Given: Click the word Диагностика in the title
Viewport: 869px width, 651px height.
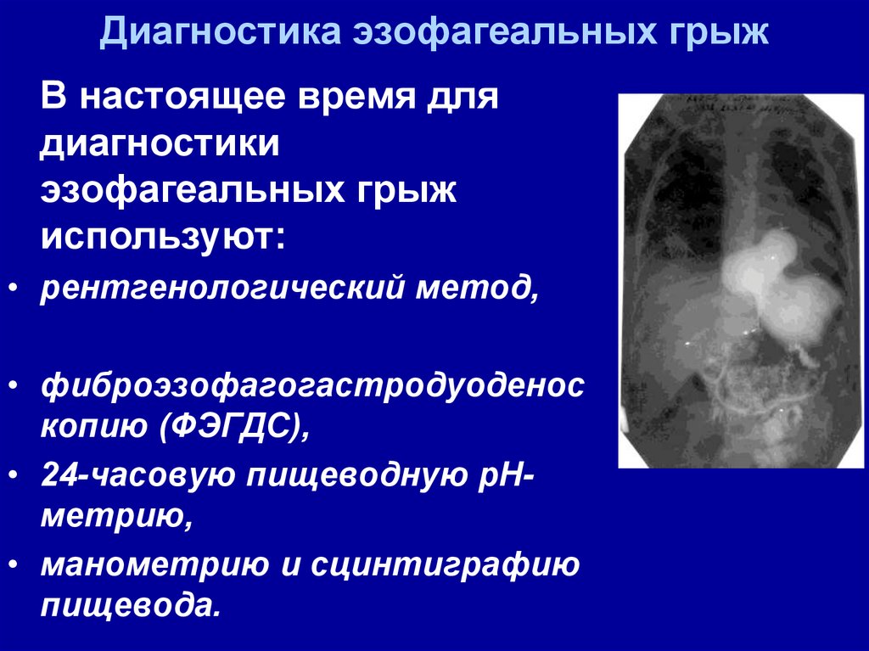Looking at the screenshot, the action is coord(220,31).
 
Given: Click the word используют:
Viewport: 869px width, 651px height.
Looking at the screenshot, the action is coord(164,238).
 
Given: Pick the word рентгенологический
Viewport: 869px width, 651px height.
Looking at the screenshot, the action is coord(221,289).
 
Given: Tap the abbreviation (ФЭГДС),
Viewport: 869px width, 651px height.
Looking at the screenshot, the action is coord(235,427).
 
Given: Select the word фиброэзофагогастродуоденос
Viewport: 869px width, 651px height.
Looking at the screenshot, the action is coord(312,385).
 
